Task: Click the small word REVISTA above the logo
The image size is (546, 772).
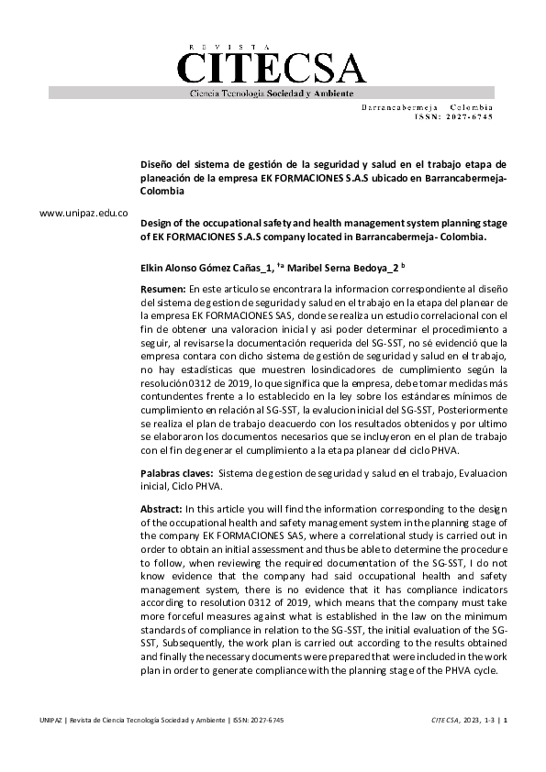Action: point(229,47)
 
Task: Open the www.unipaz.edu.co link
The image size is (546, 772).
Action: point(84,213)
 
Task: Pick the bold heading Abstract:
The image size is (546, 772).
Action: point(162,509)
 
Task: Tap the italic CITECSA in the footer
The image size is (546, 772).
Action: point(445,721)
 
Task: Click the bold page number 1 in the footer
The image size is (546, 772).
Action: point(505,721)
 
